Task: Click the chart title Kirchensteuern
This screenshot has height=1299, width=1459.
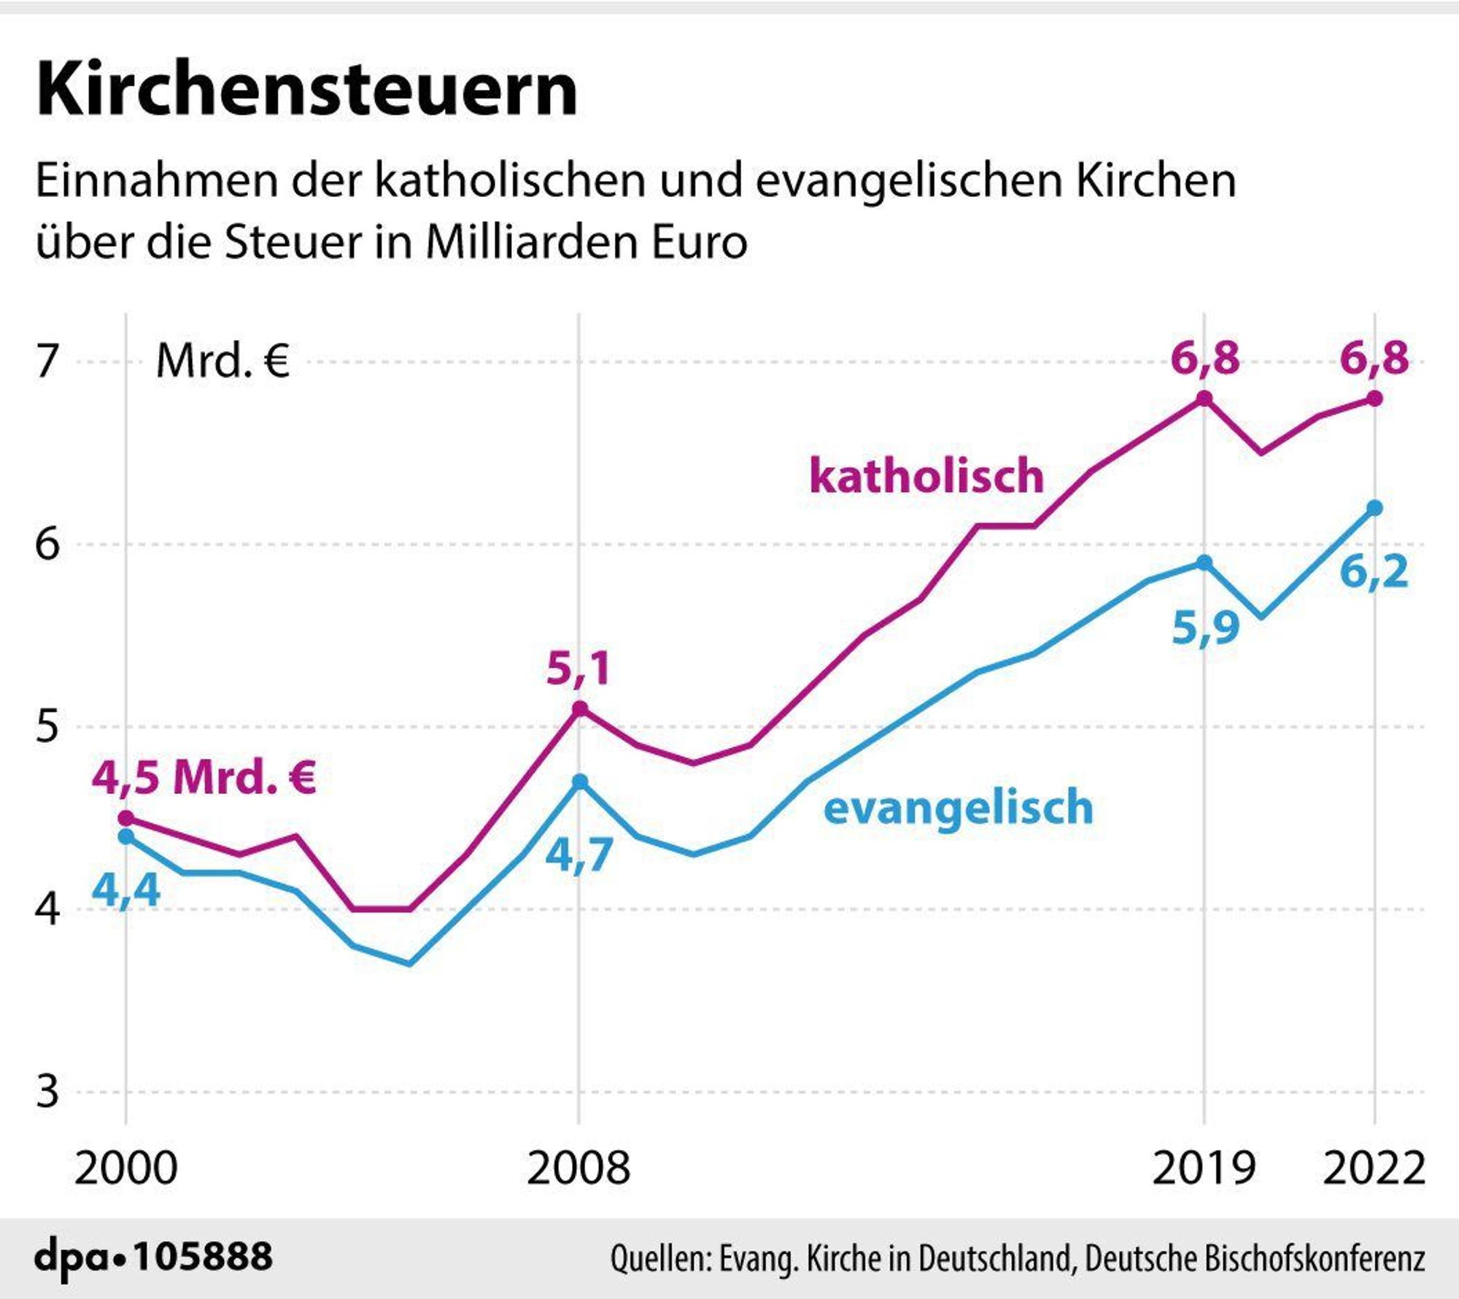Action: tap(306, 89)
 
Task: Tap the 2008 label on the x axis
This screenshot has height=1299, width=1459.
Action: tap(578, 1168)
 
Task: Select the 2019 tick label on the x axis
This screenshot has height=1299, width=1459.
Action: tap(1204, 1168)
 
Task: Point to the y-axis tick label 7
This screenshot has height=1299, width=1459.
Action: tap(47, 361)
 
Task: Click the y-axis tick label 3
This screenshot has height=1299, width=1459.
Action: tap(47, 1092)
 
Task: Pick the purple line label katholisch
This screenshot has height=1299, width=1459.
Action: tap(926, 475)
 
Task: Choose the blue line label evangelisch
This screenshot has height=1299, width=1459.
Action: tap(959, 808)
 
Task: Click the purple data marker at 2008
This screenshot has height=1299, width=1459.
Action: tap(579, 709)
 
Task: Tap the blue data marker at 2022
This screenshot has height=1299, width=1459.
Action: tap(1374, 508)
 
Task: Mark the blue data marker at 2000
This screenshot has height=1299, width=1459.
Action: tap(126, 836)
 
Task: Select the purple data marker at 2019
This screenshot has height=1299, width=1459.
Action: tap(1204, 398)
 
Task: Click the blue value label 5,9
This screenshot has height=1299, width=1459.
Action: tap(1206, 628)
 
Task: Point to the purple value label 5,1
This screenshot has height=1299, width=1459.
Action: tap(578, 669)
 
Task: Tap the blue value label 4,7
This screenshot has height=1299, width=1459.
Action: tap(579, 855)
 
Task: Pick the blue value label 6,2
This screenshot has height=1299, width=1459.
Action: tap(1374, 571)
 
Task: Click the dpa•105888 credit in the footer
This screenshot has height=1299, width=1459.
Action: tap(153, 1257)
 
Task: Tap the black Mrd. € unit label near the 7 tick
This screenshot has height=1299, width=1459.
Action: tap(223, 361)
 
